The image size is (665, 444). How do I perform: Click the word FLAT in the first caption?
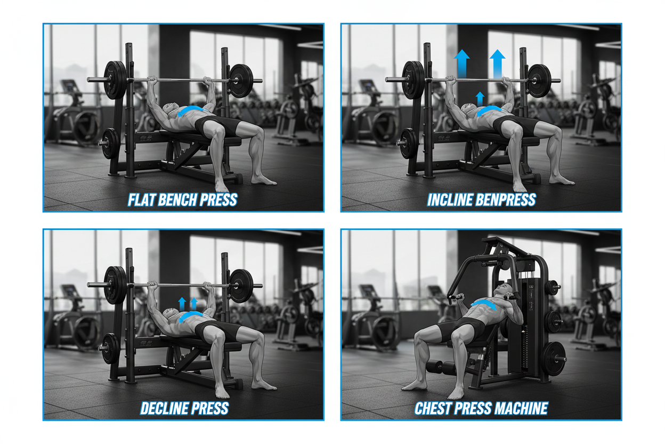tap(143, 200)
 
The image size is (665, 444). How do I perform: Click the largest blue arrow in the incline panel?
tap(497, 63)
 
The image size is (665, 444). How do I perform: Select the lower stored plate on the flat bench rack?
tap(109, 143)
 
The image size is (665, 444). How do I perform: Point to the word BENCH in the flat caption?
tap(181, 200)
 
